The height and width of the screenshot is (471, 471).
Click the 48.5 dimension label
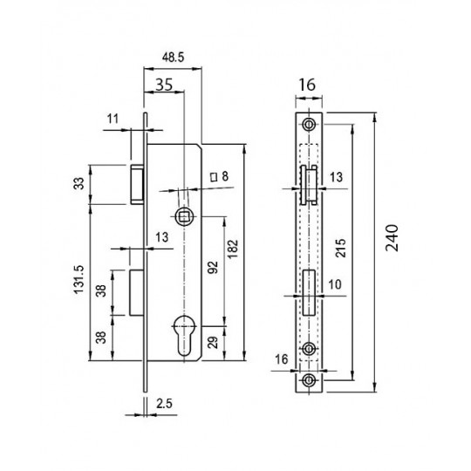(173, 57)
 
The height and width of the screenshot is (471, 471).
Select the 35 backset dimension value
(164, 85)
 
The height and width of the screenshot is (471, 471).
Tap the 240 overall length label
(392, 237)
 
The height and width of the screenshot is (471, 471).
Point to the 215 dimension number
(341, 248)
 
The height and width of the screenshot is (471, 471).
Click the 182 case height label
(233, 249)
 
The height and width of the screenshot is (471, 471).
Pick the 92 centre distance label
(212, 268)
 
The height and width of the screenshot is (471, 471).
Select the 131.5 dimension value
(79, 280)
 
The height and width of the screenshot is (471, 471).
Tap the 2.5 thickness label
(164, 404)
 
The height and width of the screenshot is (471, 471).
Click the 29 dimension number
(213, 343)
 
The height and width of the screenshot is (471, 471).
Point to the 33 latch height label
(79, 183)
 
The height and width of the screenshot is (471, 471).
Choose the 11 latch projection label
(113, 119)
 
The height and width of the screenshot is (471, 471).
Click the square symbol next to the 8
(214, 177)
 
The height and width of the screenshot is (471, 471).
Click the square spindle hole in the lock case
(183, 217)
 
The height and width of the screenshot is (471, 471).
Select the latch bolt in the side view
(137, 184)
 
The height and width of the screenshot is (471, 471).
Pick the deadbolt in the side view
(136, 293)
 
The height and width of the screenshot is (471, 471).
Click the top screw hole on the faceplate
(308, 124)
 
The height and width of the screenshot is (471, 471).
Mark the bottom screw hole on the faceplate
(308, 380)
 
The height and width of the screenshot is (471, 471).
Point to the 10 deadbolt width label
(335, 283)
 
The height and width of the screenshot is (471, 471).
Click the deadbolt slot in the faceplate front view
(309, 293)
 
